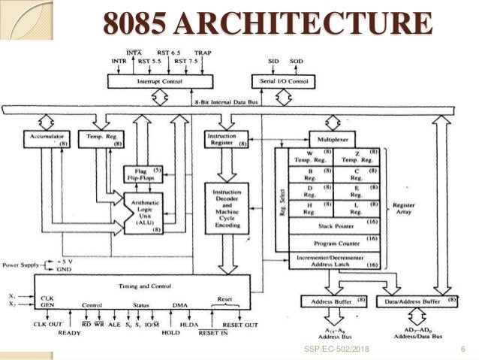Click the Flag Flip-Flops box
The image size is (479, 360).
coord(137,174)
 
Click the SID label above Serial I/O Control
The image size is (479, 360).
coord(273,59)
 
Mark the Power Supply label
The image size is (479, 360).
coord(22,265)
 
